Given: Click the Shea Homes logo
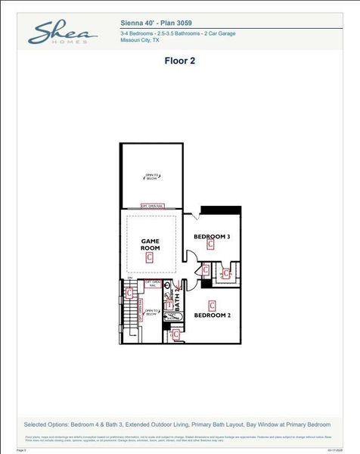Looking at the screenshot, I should (62, 33).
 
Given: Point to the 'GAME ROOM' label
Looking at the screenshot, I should (151, 244).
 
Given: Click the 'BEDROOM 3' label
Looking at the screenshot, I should (212, 237).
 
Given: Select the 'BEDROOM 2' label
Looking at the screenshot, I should (212, 315).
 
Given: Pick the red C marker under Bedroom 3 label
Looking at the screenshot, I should (211, 244).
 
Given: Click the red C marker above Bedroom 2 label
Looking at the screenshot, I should (212, 306).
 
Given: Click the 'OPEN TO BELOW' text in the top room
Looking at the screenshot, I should (152, 177).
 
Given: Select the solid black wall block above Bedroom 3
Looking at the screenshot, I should (220, 209).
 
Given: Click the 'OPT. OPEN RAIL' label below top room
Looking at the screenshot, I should (152, 206).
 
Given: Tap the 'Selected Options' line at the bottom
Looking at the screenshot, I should (180, 424).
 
